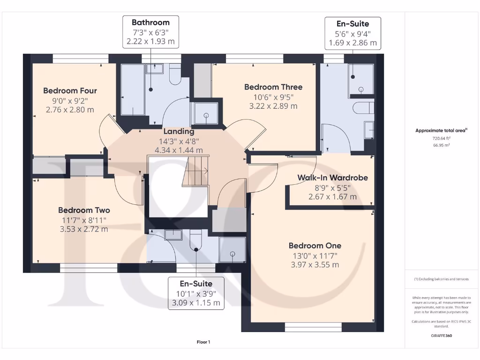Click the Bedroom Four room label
(x=70, y=90)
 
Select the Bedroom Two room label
(x=84, y=210)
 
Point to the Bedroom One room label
(x=315, y=246)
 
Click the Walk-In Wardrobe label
(x=332, y=178)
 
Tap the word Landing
(x=178, y=132)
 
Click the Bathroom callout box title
(x=150, y=22)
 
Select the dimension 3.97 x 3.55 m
(x=315, y=265)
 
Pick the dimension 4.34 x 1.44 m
(x=179, y=150)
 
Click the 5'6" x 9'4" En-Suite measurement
(x=353, y=33)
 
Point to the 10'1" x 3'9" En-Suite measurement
(x=196, y=293)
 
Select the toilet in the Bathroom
(x=175, y=75)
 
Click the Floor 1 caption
(x=203, y=342)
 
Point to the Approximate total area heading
(x=441, y=131)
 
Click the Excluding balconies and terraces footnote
(x=441, y=279)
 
